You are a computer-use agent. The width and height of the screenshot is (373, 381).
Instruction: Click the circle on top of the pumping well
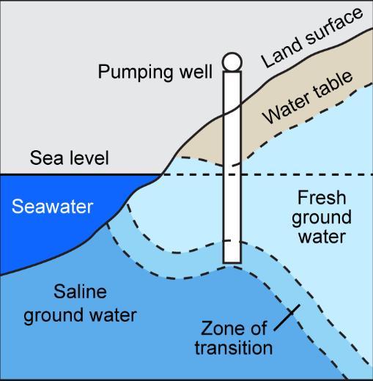[x=232, y=62]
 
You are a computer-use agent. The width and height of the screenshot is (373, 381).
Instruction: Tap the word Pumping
[x=136, y=73]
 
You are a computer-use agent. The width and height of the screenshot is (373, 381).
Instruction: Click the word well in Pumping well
[x=196, y=71]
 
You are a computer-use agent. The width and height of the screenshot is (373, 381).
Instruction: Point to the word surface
[x=334, y=26]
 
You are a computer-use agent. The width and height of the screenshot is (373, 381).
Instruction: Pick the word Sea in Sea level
[x=47, y=158]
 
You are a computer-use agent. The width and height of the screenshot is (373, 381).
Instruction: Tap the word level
[x=89, y=158]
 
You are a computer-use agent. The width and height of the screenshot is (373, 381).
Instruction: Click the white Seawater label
[x=53, y=207]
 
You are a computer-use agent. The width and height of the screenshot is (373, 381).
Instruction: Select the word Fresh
[x=322, y=197]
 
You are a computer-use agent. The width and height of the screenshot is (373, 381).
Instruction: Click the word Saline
[x=80, y=292]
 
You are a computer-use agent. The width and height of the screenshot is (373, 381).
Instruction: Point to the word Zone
[x=221, y=328]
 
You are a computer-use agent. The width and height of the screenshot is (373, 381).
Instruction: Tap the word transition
[x=234, y=347]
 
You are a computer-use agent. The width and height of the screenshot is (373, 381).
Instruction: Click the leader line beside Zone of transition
[x=287, y=317]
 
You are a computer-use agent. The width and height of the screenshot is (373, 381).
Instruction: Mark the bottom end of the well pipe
[x=232, y=263]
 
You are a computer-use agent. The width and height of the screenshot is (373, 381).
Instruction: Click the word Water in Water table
[x=287, y=108]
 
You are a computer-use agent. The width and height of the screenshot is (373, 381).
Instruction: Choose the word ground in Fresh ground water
[x=322, y=218]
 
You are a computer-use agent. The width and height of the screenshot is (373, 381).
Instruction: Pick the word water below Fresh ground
[x=322, y=236]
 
